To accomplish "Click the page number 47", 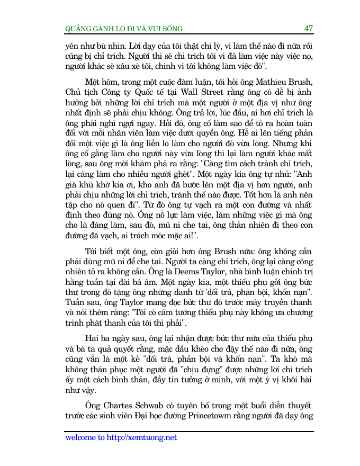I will click(309, 28).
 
